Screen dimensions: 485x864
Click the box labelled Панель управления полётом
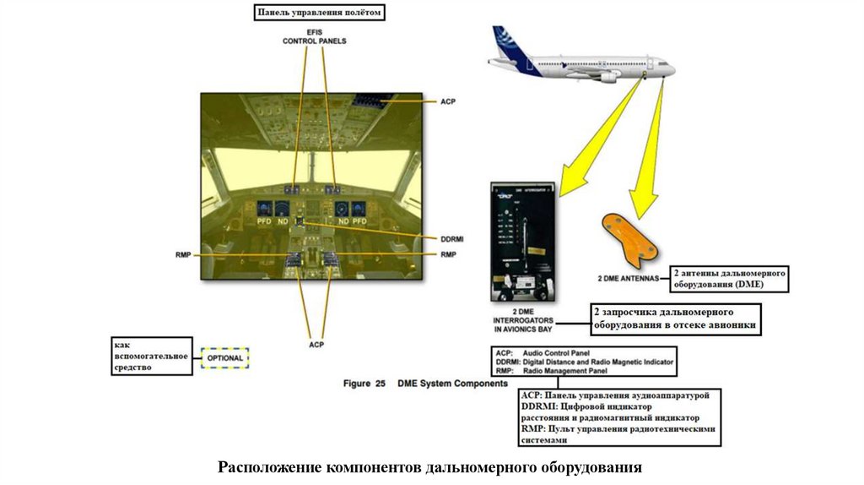(x=320, y=12)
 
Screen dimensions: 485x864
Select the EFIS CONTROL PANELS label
(x=314, y=36)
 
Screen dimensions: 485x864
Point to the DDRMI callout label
(x=452, y=239)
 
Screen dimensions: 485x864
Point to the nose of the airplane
(x=672, y=67)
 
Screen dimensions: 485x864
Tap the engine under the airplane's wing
(x=609, y=76)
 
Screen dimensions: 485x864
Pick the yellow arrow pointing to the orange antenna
(x=648, y=148)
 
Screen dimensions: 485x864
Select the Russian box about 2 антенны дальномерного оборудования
(x=730, y=279)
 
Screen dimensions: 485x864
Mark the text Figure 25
(x=364, y=384)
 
